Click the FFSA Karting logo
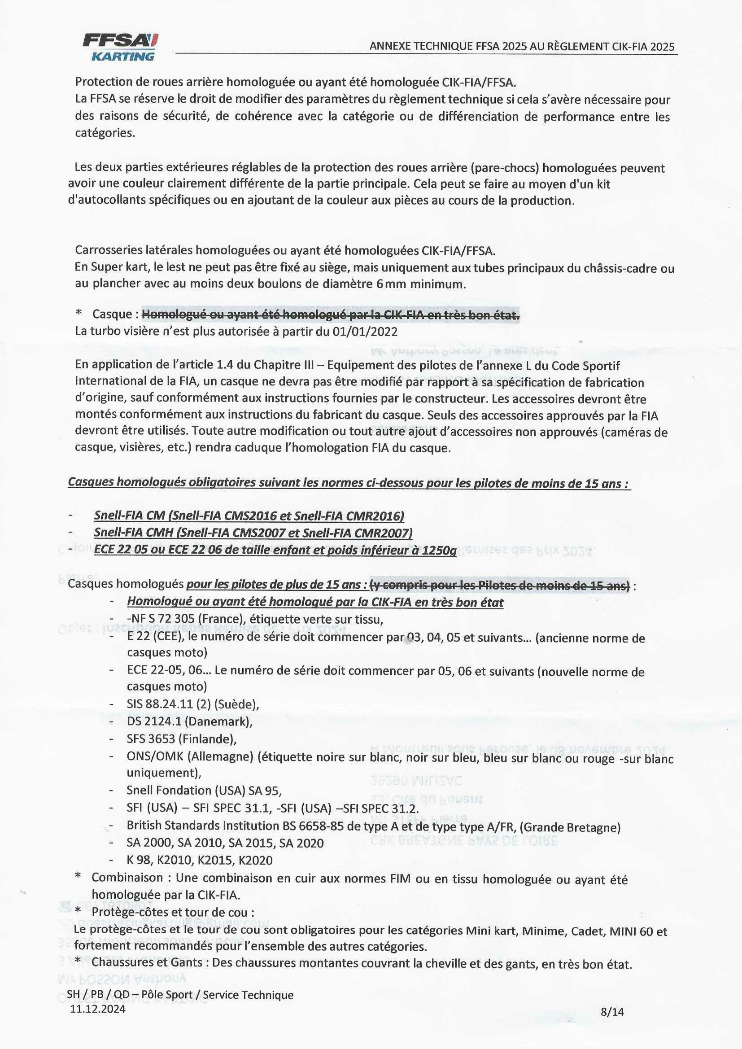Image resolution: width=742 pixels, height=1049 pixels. pyautogui.click(x=121, y=47)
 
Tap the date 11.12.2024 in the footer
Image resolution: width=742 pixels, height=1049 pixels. pyautogui.click(x=97, y=1009)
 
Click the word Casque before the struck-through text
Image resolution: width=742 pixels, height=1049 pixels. pyautogui.click(x=112, y=315)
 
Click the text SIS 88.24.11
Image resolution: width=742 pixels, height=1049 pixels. pyautogui.click(x=160, y=704)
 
